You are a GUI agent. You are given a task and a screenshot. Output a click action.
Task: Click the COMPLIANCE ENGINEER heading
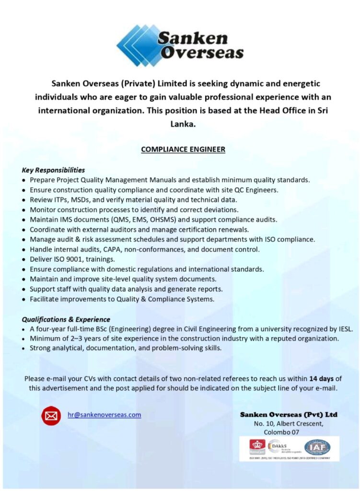[183, 150]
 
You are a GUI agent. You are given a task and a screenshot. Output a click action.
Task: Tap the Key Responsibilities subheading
[53, 170]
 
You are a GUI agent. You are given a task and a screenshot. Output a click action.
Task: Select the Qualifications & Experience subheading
[66, 319]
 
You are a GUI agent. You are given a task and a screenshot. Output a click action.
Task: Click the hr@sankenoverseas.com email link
[104, 414]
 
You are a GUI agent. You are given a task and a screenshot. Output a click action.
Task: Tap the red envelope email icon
[51, 416]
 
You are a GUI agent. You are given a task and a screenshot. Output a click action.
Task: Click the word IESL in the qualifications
[343, 329]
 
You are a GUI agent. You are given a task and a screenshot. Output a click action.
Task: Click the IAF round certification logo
[317, 447]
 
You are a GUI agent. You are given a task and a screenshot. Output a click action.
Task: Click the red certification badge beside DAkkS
[257, 447]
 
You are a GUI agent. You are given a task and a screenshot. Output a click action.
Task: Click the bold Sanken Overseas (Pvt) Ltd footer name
[289, 414]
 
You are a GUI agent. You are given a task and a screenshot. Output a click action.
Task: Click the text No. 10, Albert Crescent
[289, 424]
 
